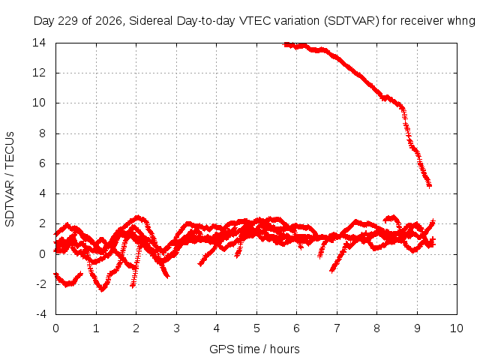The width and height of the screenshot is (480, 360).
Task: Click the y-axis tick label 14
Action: click(39, 43)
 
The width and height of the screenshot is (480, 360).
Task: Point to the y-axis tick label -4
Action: click(41, 314)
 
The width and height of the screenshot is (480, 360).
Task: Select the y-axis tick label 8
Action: click(43, 133)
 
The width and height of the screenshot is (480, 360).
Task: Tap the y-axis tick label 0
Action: click(43, 253)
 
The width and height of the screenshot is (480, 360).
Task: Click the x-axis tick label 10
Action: click(457, 328)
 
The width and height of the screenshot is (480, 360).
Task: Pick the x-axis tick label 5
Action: click(256, 328)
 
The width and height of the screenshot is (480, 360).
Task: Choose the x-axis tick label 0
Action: click(55, 328)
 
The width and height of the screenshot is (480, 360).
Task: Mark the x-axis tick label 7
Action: click(337, 328)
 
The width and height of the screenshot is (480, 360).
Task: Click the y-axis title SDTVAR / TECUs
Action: click(10, 179)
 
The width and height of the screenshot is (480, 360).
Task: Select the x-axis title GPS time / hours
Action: click(254, 349)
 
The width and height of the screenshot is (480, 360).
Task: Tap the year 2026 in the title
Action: click(109, 21)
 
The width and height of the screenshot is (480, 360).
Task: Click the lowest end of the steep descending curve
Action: click(430, 185)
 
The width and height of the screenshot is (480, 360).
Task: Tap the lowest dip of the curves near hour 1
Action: click(102, 289)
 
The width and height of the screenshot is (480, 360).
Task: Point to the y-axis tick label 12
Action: click(39, 73)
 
